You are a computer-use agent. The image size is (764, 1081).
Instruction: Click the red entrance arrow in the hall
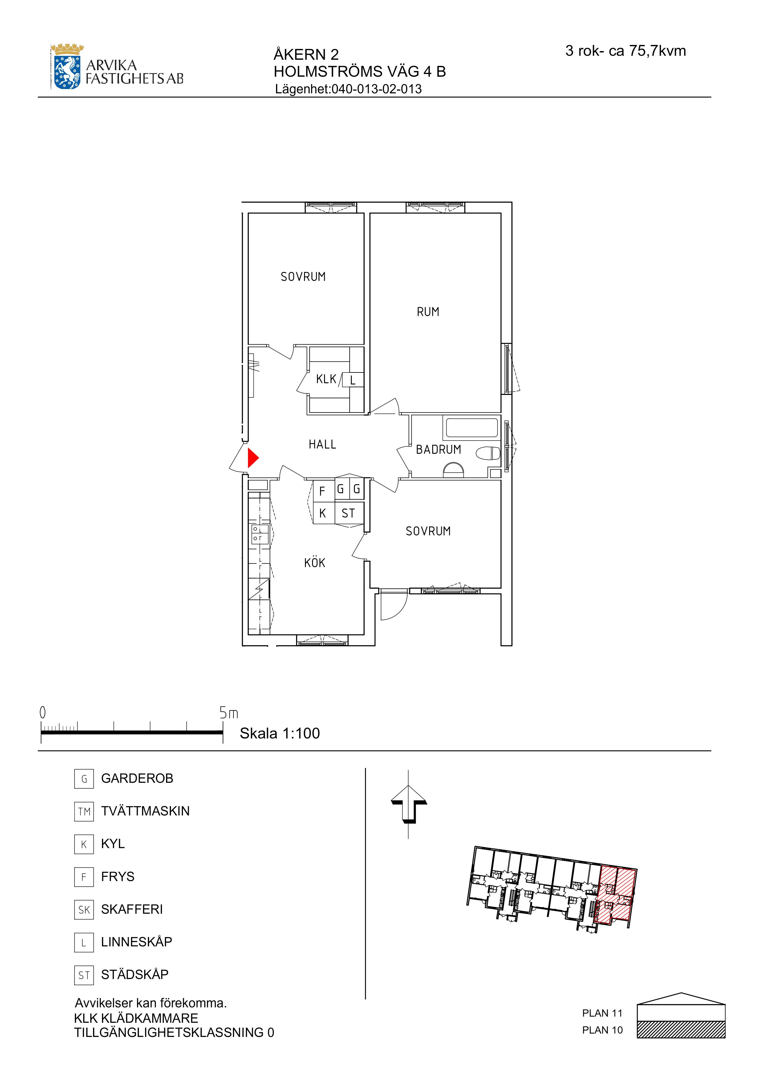(x=253, y=458)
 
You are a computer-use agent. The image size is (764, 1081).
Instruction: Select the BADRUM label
(x=438, y=450)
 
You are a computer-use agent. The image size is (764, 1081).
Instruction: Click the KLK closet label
(x=326, y=379)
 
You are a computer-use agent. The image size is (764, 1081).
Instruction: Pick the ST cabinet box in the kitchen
(x=349, y=513)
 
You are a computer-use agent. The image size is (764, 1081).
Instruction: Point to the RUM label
(x=428, y=312)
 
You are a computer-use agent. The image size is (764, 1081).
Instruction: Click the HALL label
(x=323, y=445)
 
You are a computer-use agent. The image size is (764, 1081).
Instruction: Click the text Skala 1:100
(x=280, y=733)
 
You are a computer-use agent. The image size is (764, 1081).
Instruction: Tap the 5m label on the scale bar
(x=229, y=713)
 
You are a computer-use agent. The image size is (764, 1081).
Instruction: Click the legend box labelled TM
(x=84, y=811)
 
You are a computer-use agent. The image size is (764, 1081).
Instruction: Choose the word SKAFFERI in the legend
(x=132, y=909)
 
